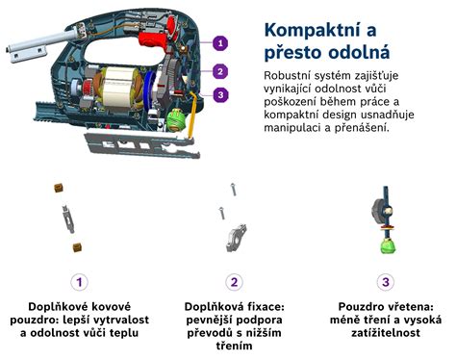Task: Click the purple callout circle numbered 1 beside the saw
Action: [x=220, y=43]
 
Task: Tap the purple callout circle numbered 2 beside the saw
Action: [x=220, y=71]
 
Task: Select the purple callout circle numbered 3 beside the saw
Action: [x=220, y=95]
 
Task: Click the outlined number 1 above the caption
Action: [x=79, y=282]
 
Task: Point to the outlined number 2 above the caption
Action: [x=234, y=282]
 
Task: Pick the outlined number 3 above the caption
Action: [x=386, y=282]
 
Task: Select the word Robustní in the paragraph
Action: [x=287, y=76]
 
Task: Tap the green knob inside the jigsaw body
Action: [x=176, y=120]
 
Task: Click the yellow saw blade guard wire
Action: [x=191, y=115]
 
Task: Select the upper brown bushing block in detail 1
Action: [x=59, y=188]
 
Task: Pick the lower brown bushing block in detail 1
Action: [x=77, y=247]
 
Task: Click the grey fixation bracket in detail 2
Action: [x=236, y=238]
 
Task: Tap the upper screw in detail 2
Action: [x=234, y=190]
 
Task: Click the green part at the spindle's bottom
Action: [x=388, y=246]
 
